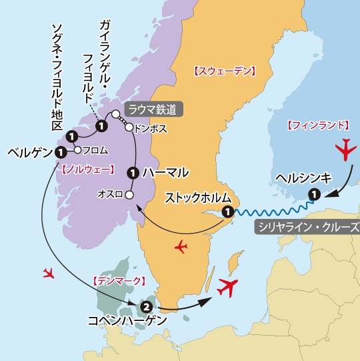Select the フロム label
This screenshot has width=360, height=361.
(x=93, y=150)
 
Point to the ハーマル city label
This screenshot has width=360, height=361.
(x=165, y=173)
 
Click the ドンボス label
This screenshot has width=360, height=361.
(x=150, y=127)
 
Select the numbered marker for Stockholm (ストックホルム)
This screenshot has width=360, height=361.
(x=228, y=212)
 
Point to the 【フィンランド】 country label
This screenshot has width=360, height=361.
(x=318, y=125)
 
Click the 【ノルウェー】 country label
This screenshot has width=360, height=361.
(x=87, y=169)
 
